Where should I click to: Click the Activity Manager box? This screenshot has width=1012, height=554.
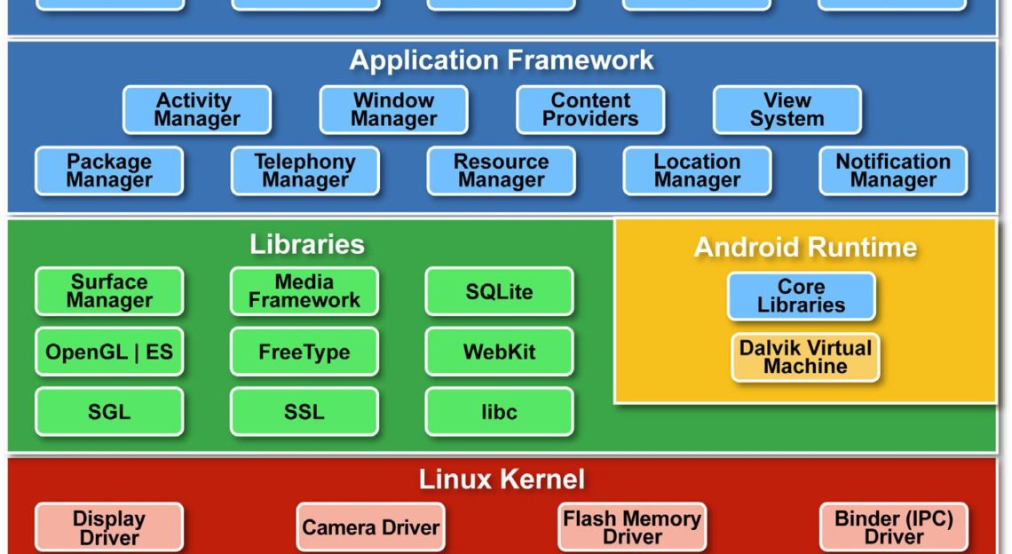197,110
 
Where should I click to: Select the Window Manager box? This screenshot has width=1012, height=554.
393,110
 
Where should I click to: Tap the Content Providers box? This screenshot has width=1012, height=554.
590,110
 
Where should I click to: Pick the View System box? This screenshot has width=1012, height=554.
787,110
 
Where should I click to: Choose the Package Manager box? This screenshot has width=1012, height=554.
109,171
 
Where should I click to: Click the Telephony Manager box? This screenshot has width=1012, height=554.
304,171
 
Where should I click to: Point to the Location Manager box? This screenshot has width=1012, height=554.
697,171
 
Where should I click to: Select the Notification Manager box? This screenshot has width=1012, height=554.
893,171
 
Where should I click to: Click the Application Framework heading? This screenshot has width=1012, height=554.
502,60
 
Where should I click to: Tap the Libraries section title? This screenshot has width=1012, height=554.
306,244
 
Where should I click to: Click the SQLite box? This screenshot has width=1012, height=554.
499,291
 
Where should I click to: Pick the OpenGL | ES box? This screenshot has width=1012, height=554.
109,352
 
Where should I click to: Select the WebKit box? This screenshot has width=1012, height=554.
499,352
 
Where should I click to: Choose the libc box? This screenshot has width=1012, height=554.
499,412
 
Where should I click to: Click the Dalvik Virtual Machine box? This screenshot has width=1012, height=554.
805,357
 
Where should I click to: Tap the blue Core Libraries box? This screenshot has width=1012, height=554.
801,297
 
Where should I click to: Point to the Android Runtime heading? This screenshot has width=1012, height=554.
805,247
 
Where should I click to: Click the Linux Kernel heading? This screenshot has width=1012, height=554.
502,480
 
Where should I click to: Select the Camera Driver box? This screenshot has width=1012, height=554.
370,528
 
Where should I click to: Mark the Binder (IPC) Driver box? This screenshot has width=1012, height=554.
893,527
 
